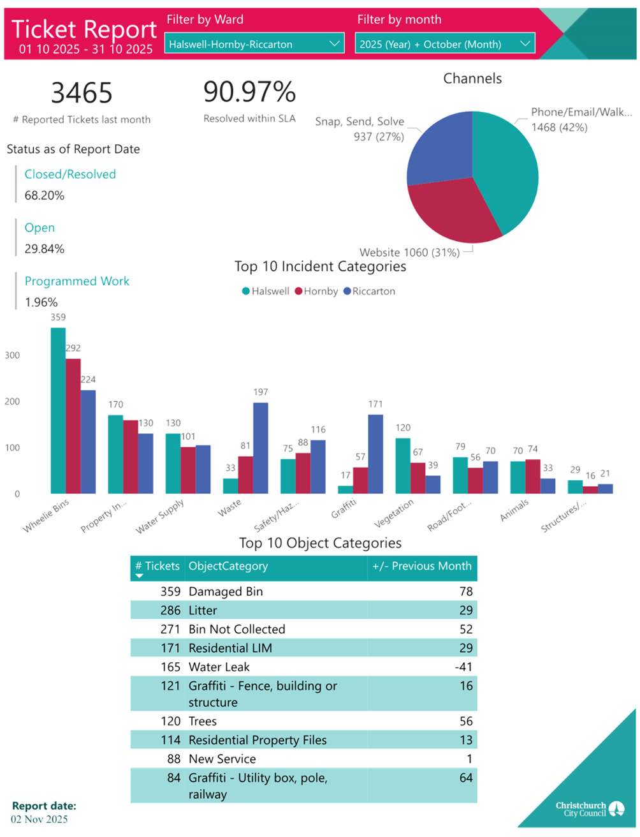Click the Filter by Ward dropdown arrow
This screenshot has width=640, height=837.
[334, 44]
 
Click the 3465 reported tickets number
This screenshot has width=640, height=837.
[82, 93]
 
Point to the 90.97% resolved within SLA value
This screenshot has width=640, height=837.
[249, 92]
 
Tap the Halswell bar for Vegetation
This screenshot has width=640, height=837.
[403, 466]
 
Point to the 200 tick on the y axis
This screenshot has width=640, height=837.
[12, 401]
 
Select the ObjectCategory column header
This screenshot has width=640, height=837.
[228, 567]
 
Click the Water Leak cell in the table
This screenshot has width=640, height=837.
[219, 667]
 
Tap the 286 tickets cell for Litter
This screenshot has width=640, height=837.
[171, 611]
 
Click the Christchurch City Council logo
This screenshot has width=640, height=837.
[590, 810]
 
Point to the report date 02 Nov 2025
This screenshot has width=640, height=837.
[40, 819]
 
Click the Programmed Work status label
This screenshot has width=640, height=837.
[77, 281]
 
